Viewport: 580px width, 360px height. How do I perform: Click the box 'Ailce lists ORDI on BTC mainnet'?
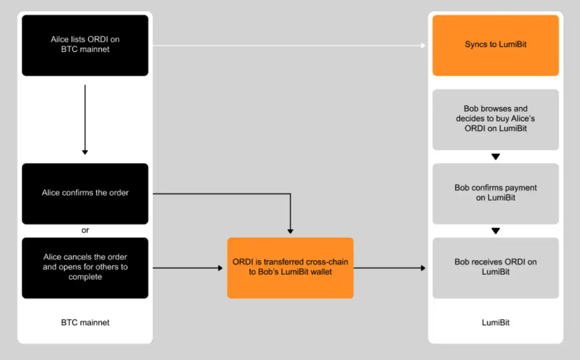tap(85, 45)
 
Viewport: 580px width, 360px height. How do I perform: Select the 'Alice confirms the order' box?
tap(85, 193)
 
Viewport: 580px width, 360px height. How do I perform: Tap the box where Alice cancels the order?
tap(85, 267)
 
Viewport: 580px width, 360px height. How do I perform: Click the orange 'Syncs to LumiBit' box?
tap(495, 45)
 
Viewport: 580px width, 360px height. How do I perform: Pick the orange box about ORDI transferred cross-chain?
tap(290, 267)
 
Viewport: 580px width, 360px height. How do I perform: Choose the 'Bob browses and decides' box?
tap(495, 119)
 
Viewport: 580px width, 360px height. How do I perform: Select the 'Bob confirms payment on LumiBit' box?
tap(495, 193)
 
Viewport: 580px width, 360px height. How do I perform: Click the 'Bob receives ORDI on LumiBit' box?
tap(495, 267)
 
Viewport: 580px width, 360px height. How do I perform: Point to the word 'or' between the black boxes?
tap(85, 230)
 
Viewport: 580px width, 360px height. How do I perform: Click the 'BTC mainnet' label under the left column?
tap(85, 322)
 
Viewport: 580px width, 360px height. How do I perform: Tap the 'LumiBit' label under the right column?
tap(495, 322)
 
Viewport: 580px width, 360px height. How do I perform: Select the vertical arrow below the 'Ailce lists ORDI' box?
tap(85, 119)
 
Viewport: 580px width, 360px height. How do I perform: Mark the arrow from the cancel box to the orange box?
tap(188, 268)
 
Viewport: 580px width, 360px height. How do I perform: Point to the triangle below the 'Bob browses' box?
tap(495, 157)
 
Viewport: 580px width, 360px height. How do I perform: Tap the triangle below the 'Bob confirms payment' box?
tap(495, 230)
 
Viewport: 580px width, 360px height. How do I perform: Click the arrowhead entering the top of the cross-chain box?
tap(291, 231)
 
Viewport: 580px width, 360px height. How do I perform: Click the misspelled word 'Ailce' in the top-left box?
tap(59, 40)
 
